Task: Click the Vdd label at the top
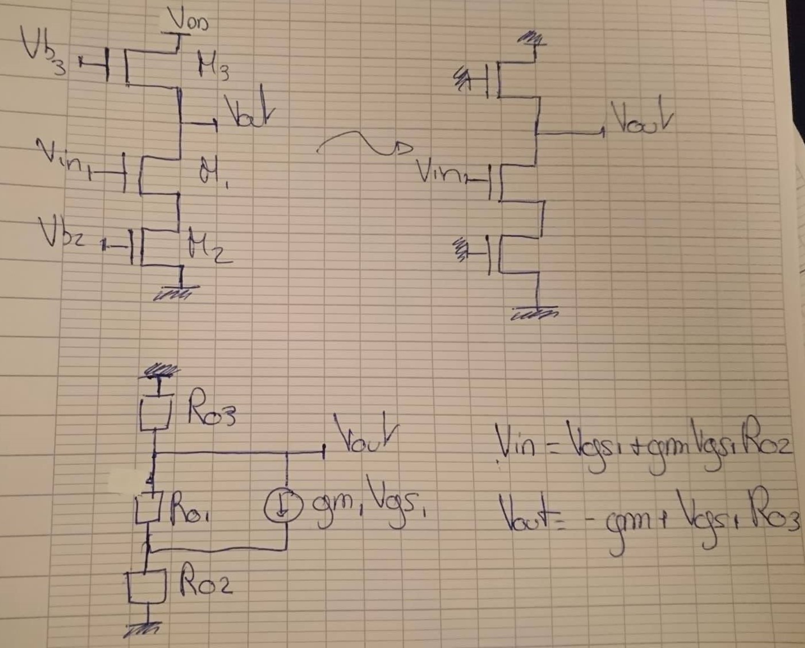(188, 20)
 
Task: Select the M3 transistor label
(213, 64)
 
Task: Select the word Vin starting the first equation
(516, 445)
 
